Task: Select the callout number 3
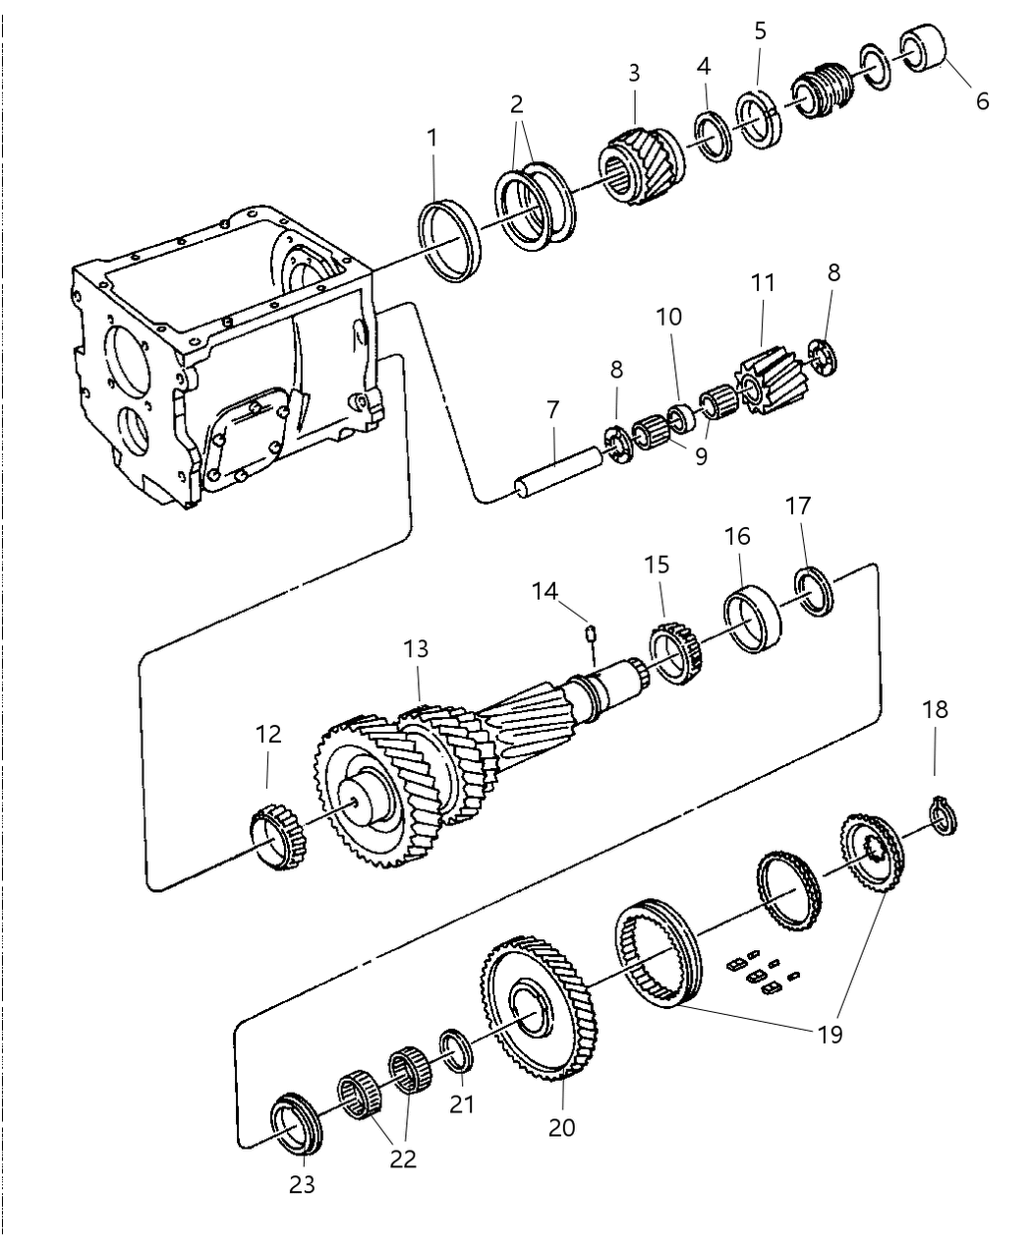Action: (x=634, y=73)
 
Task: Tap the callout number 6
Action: (x=982, y=100)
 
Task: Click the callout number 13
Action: (x=416, y=649)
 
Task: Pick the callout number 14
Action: (x=545, y=591)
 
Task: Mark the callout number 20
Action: (x=561, y=1128)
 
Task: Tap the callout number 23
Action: (x=302, y=1185)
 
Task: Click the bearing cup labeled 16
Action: (x=754, y=618)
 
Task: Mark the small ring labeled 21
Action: (x=456, y=1048)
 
